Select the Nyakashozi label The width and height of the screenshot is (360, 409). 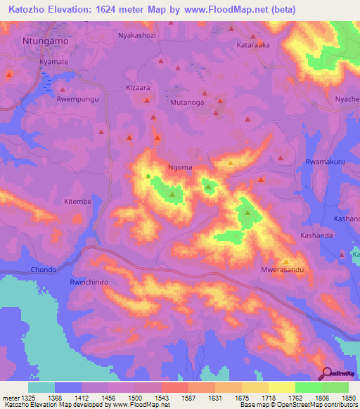136,35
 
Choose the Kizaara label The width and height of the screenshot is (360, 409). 138,89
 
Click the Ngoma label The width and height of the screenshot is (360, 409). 181,168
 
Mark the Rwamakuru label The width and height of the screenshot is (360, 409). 326,162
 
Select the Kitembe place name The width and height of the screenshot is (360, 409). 78,202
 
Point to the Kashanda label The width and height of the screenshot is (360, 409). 316,235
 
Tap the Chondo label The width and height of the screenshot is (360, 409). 43,270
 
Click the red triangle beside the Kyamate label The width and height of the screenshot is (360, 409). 10,74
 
